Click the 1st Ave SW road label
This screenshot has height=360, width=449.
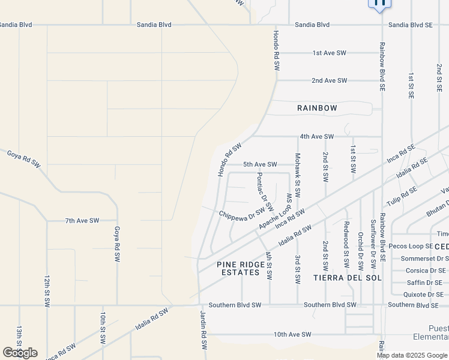pos(330,53)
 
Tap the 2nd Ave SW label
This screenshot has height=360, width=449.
pos(329,80)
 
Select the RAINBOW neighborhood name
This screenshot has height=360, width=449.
pos(317,108)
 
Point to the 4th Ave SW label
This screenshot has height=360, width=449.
pos(316,136)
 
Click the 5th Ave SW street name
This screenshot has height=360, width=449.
pos(260,164)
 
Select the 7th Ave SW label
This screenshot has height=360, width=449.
pos(82,221)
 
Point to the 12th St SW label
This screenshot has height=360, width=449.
pos(46,292)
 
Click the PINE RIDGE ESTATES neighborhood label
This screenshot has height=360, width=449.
pos(241,268)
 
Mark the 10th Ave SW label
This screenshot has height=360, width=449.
pos(292,334)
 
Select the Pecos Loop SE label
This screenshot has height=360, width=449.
pos(411,247)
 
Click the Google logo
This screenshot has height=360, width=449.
pos(20,353)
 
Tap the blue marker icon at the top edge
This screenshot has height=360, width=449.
pos(379,3)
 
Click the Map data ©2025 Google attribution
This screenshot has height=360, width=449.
pos(412,355)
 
